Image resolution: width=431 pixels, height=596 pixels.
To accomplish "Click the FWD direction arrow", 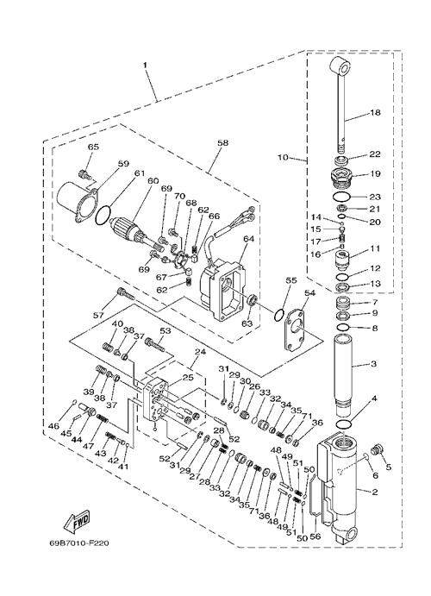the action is pyautogui.click(x=77, y=520).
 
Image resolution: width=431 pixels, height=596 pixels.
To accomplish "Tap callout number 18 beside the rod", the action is pyautogui.click(x=375, y=112).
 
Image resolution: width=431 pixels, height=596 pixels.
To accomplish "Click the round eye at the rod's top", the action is pyautogui.click(x=340, y=67).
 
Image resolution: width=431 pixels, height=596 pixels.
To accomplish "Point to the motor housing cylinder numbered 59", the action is pyautogui.click(x=76, y=202).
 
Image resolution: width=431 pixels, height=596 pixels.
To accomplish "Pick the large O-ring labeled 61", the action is pyautogui.click(x=103, y=216).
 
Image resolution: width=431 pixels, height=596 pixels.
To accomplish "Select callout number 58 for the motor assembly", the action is pyautogui.click(x=223, y=143).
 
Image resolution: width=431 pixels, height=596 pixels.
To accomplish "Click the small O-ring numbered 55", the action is pyautogui.click(x=279, y=315).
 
